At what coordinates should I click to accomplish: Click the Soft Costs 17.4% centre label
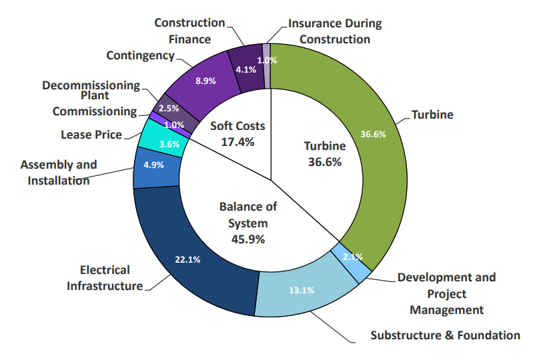pyautogui.click(x=237, y=133)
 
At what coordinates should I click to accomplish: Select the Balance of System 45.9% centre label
pyautogui.click(x=248, y=223)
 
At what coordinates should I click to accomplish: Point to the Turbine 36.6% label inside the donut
pyautogui.click(x=325, y=153)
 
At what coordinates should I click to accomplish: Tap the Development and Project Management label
pyautogui.click(x=447, y=293)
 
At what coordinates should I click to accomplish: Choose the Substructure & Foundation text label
pyautogui.click(x=445, y=335)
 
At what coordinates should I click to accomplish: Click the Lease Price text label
pyautogui.click(x=91, y=135)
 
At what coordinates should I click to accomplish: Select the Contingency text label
pyautogui.click(x=140, y=55)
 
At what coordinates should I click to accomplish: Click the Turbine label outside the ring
pyautogui.click(x=432, y=115)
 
